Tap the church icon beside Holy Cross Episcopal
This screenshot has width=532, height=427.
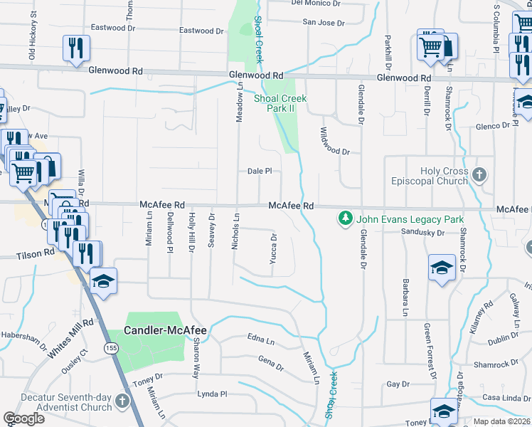479,174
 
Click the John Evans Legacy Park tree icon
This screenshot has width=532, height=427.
346,217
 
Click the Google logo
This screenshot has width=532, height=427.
23,418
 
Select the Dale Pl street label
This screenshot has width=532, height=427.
260,172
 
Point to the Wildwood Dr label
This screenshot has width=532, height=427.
335,142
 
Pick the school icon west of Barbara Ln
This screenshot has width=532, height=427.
442,268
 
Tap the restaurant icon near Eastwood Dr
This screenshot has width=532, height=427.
76,48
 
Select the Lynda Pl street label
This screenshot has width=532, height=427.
211,394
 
